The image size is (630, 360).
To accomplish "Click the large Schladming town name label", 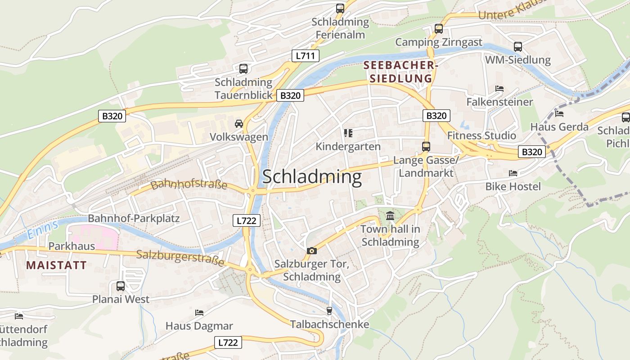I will point(312,177).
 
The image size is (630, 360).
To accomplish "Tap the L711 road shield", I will point(306,56).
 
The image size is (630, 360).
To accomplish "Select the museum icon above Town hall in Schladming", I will point(390,216).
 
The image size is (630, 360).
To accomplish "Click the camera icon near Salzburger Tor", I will point(311,251).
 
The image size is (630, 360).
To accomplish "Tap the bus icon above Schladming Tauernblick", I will point(243,69).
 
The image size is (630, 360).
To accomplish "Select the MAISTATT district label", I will point(56,265).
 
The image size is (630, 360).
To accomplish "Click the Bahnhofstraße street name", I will point(189,184).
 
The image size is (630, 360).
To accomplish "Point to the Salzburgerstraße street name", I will point(180,258).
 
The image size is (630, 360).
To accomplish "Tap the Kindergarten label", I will point(348,147).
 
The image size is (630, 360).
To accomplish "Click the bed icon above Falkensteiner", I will point(499,89).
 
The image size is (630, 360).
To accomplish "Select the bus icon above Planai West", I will point(121,286).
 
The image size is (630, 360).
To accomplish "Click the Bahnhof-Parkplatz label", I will point(134,219).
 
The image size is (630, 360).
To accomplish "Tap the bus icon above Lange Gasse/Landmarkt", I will point(426,147).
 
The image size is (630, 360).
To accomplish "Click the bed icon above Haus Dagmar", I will point(199,312).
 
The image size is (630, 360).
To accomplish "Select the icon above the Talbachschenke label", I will point(329,311).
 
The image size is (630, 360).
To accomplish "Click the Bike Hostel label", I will point(513,186).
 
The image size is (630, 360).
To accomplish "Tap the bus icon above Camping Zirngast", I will point(439,29).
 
